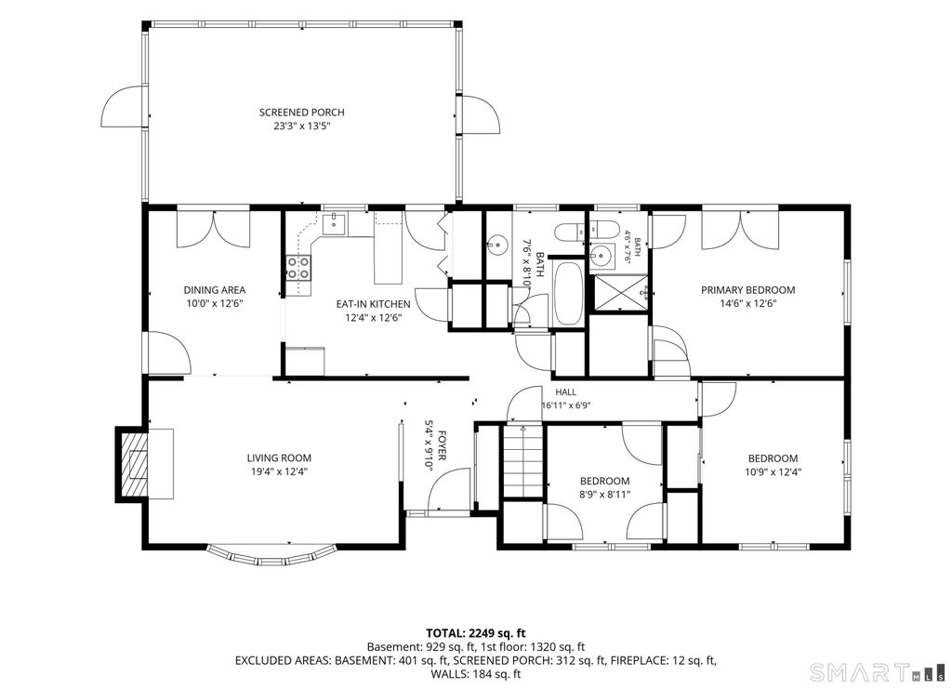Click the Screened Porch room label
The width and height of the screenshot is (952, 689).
click(x=302, y=113)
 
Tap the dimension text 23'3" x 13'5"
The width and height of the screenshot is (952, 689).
click(x=302, y=126)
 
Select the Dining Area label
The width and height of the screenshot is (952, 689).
click(x=215, y=290)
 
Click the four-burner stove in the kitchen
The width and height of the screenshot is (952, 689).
click(x=298, y=268)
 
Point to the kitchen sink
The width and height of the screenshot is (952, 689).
click(x=334, y=224)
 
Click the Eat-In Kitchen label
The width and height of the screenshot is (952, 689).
click(x=374, y=304)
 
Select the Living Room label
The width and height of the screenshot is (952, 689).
click(x=279, y=458)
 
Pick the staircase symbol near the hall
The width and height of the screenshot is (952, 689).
click(x=522, y=461)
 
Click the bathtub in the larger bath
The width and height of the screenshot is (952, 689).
click(x=569, y=294)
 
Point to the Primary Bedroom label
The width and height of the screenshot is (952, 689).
click(x=748, y=290)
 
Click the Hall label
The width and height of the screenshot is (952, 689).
click(x=566, y=392)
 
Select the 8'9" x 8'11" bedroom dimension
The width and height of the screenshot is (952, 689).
click(x=604, y=494)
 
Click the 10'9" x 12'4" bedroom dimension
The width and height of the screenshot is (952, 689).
click(x=773, y=471)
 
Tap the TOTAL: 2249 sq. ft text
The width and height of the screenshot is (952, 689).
click(x=475, y=634)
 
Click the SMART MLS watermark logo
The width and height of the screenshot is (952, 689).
click(x=878, y=672)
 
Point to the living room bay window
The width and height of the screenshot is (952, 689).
click(x=271, y=553)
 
